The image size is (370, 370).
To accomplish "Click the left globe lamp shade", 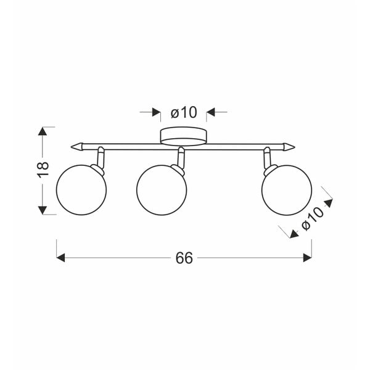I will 81,191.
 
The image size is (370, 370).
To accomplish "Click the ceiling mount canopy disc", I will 184,136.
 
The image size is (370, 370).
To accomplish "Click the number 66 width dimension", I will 184,258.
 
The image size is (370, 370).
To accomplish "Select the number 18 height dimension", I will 43,170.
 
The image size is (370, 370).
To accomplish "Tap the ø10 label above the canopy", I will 183,112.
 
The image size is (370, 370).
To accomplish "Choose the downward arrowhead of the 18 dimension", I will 43,210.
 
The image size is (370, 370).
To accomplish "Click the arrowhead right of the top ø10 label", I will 210,112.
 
